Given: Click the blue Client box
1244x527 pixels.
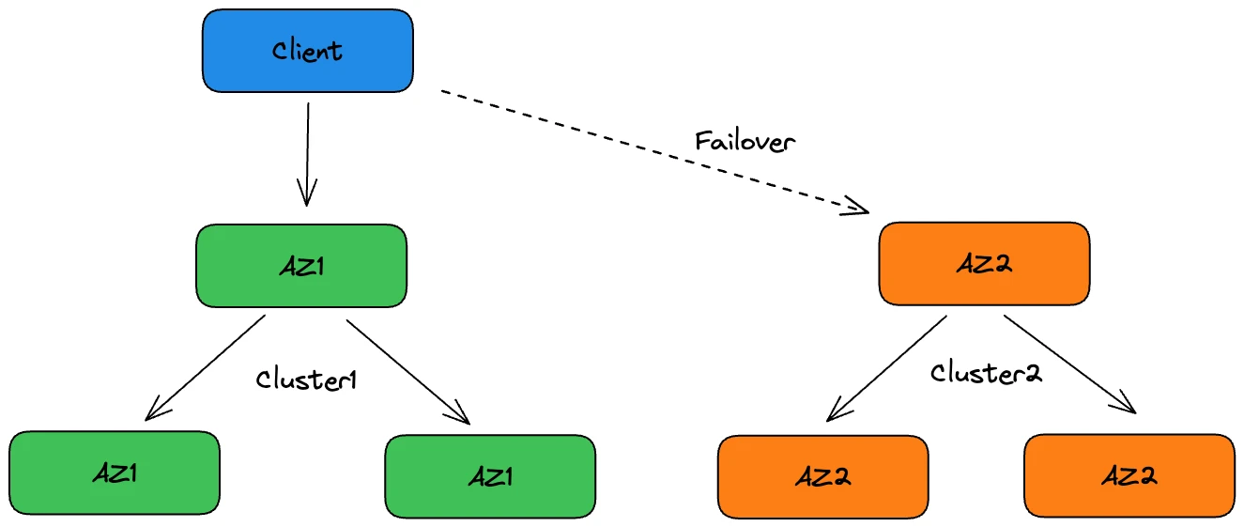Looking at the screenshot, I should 308,51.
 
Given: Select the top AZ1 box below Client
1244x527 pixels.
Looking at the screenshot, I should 301,266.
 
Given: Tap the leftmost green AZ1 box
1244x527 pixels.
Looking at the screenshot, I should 115,473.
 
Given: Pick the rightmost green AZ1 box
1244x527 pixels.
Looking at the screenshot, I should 490,476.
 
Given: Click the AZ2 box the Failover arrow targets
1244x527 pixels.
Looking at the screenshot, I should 984,264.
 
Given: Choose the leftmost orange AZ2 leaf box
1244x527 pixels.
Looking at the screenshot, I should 823,477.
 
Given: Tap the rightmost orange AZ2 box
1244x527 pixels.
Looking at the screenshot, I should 1129,475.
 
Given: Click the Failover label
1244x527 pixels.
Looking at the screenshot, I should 745,141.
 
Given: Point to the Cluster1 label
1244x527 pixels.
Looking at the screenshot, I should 307,380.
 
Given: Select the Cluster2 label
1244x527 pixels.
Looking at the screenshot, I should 986,373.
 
